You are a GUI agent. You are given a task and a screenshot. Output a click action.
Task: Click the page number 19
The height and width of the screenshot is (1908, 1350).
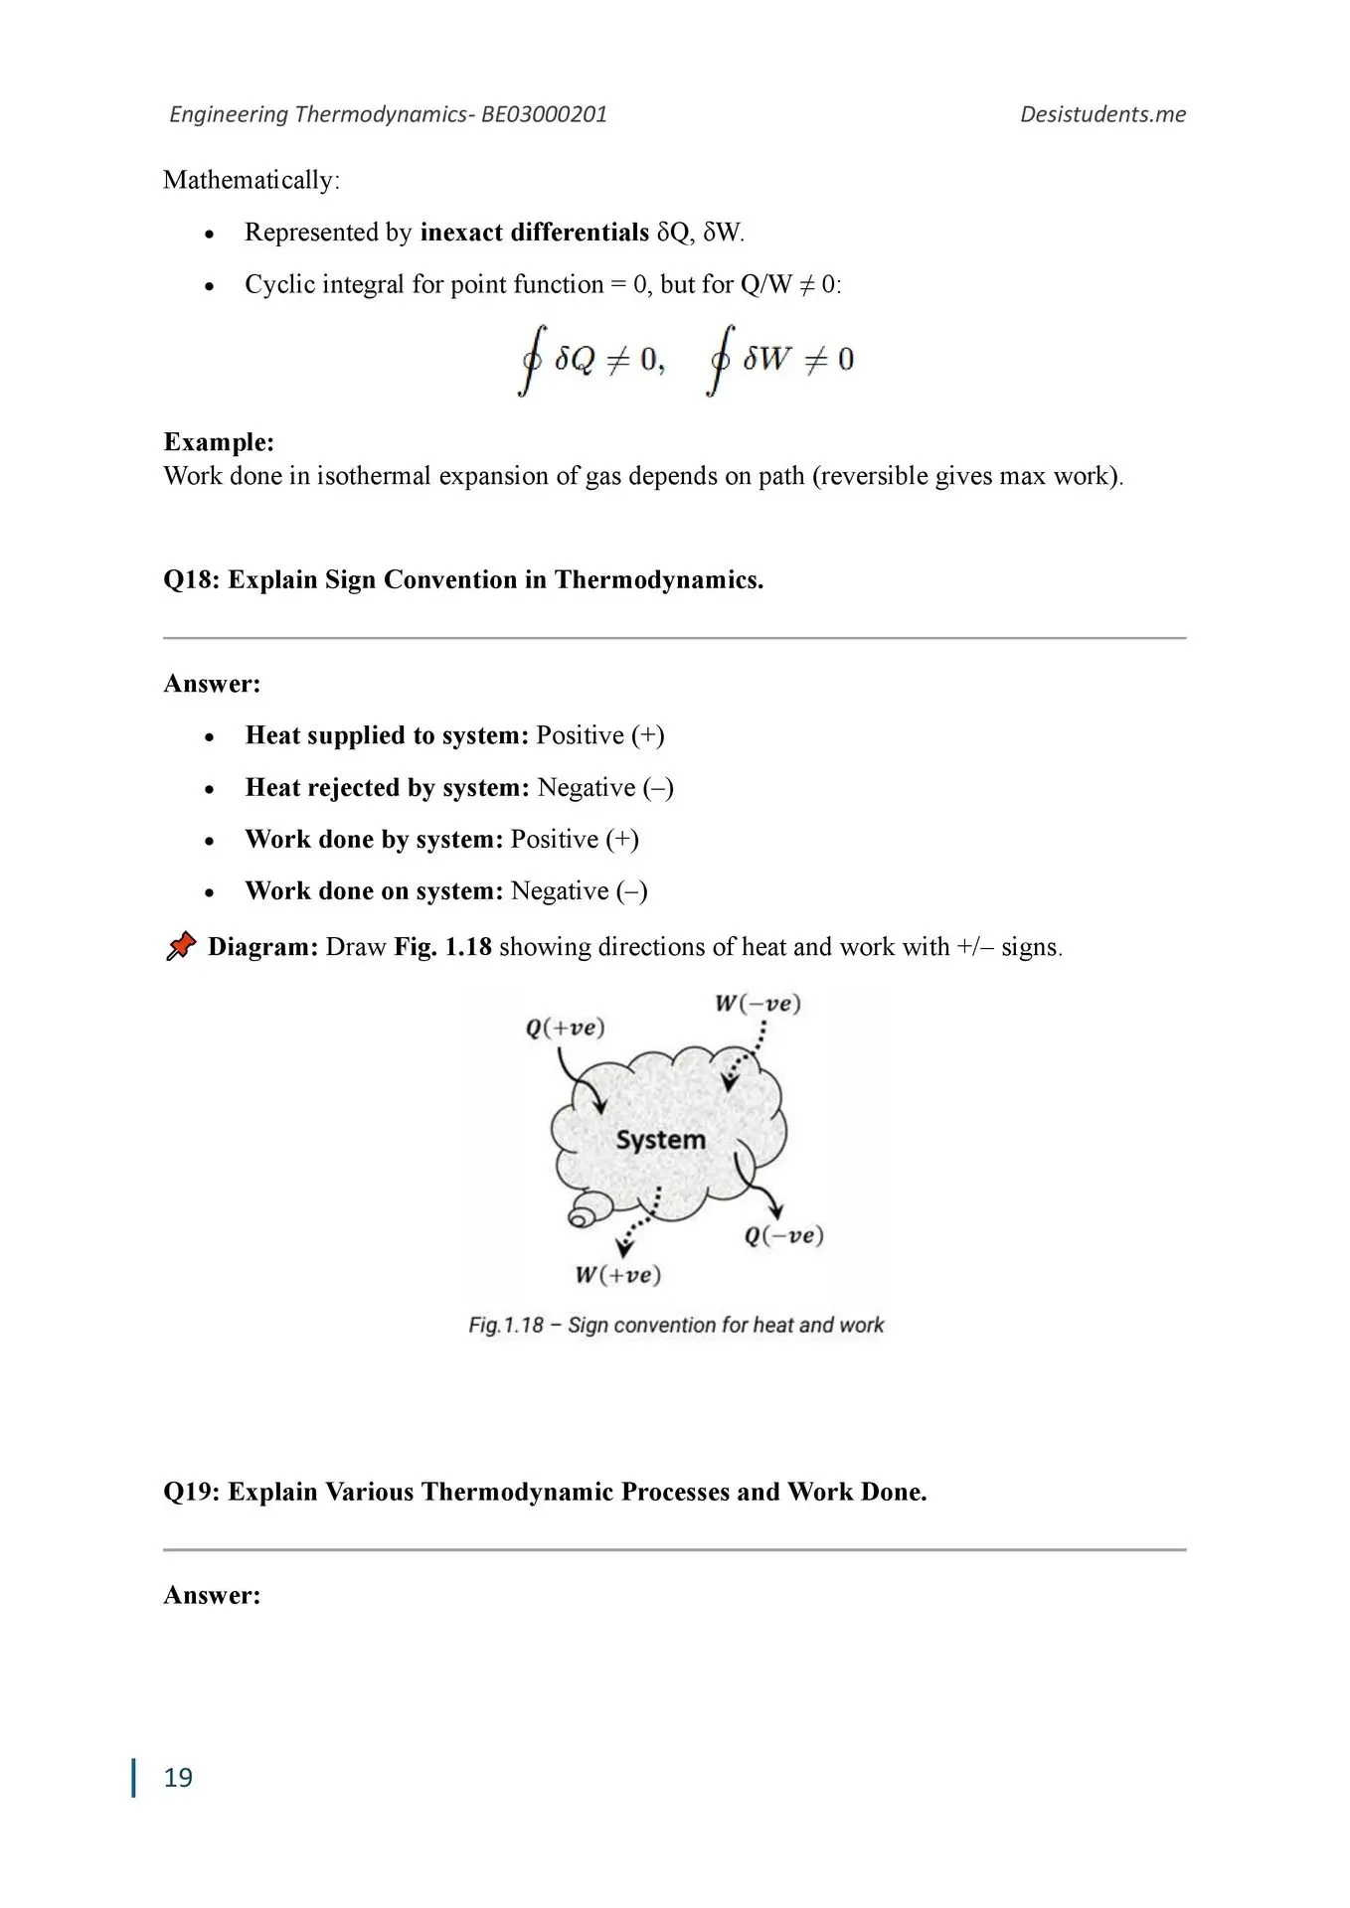point(178,1777)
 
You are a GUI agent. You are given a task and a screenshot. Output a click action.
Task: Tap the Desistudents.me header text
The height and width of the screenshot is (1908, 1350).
point(1102,114)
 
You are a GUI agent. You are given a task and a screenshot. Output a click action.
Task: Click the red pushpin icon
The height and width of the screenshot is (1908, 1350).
point(180,946)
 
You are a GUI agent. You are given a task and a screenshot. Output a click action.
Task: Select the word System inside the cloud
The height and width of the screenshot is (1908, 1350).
point(660,1139)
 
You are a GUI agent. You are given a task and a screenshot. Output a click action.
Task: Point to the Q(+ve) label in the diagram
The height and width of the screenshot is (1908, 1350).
point(565,1027)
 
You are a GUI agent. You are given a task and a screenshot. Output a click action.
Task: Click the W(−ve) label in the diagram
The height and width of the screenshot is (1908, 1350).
point(758,1003)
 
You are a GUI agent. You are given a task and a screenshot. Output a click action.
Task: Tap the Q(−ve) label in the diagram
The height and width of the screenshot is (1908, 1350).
point(783,1235)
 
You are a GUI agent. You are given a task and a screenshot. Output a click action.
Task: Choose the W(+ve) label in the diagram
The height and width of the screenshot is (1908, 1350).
point(617,1275)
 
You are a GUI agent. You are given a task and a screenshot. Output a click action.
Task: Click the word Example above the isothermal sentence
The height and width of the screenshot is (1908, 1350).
point(218,442)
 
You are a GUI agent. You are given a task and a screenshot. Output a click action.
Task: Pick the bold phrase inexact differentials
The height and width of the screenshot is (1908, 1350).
point(534,233)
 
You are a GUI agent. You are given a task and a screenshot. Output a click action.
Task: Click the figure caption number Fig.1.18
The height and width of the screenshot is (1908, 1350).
point(506,1325)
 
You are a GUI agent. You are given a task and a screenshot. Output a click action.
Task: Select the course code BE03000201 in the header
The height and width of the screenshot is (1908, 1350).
point(544,114)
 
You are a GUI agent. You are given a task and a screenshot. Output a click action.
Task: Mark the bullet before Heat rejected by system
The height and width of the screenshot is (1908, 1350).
point(209,789)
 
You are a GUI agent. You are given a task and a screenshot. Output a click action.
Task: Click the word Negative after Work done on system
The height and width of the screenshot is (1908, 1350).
point(559,891)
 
